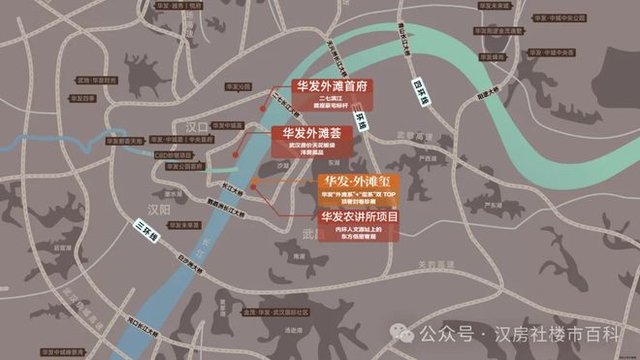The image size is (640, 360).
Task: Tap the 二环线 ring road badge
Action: pyautogui.click(x=362, y=119)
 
